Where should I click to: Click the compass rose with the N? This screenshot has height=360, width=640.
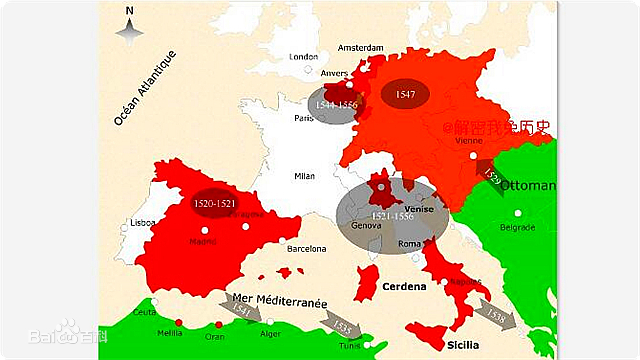[129, 27]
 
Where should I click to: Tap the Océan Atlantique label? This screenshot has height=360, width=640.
[144, 88]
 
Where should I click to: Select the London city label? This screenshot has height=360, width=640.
[303, 57]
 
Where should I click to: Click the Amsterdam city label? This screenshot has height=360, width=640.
[361, 47]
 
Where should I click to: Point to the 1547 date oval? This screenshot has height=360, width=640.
[405, 93]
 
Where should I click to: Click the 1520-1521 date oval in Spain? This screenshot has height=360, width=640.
[214, 203]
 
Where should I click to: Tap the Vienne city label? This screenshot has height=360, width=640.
[469, 142]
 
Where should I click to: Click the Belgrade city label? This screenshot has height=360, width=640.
[517, 228]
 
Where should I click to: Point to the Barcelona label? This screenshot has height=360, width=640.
[307, 248]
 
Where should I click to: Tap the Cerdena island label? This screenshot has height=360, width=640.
[404, 287]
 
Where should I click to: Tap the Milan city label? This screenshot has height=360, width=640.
[304, 176]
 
